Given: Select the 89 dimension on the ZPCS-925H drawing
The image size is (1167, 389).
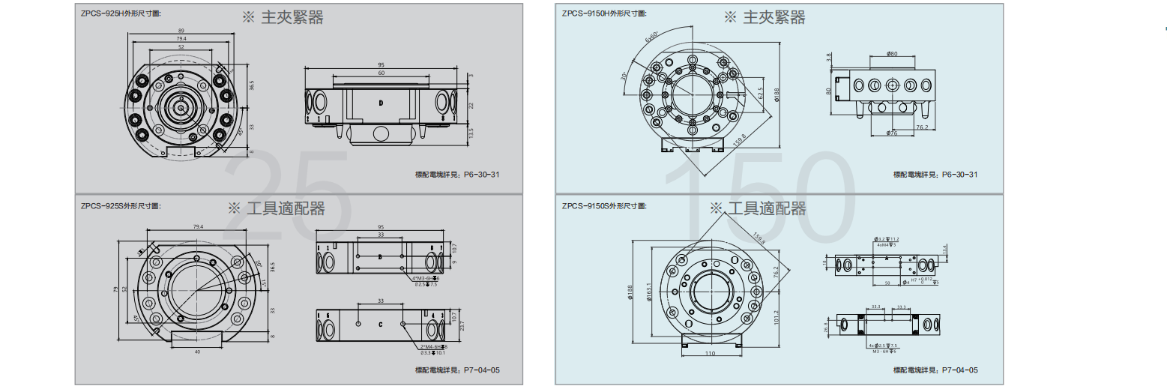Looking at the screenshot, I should pos(181,30).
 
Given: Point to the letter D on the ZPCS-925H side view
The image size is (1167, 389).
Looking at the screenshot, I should pos(382,102).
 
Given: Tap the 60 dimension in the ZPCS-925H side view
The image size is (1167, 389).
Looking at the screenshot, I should pos(382,73).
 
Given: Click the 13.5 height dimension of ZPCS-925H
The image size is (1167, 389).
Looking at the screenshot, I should pos(471,132).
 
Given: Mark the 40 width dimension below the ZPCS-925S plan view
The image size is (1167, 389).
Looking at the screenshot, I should pos(197,351).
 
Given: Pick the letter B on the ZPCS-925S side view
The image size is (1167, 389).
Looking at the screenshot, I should pos(381,257).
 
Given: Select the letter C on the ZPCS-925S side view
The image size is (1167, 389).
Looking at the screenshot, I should pos(381,325).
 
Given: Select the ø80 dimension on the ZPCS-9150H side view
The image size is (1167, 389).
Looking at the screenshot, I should pos(891,53).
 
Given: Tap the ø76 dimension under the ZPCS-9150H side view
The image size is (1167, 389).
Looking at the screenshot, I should pos(891,133).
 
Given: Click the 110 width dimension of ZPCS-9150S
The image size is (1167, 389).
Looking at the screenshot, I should pos(709,352).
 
